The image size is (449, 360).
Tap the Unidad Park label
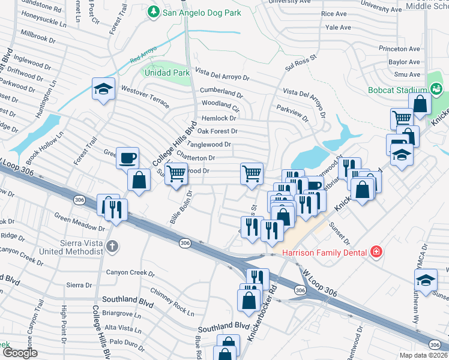point(166,73)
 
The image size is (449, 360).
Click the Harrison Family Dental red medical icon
point(376,252)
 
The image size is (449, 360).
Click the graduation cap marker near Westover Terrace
point(104,90)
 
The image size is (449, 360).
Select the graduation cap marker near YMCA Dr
point(426,280)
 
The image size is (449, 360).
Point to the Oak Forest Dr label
point(217,131)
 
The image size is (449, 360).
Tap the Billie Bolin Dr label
point(180,208)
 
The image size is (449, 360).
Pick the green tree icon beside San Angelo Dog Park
point(154,11)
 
